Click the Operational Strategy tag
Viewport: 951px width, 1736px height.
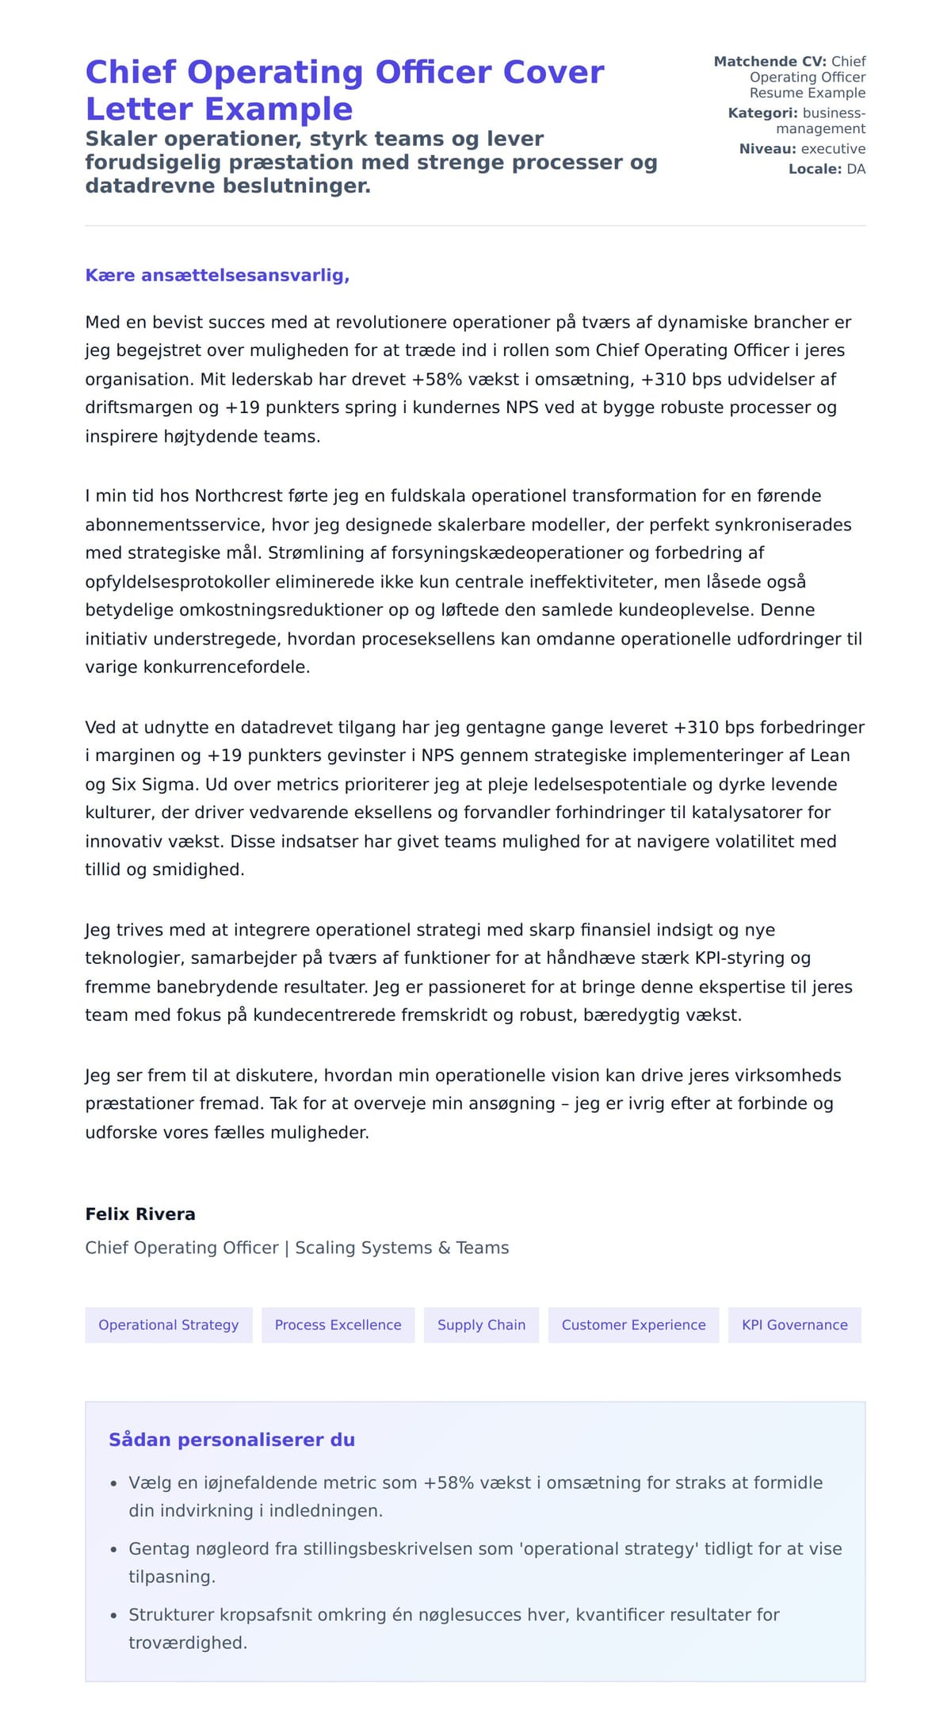coord(168,1325)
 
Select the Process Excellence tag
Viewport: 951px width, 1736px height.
coord(338,1325)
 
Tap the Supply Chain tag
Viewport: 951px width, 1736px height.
coord(481,1325)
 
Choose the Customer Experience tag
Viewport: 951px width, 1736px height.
coord(633,1325)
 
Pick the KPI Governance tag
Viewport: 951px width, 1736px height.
coord(794,1325)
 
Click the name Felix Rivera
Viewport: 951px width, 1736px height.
coord(140,1214)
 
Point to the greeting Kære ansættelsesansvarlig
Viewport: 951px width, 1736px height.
coord(217,275)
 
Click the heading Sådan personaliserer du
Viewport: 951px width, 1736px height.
coord(231,1440)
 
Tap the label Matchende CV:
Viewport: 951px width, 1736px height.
coord(770,61)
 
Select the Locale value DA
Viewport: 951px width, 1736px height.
coord(856,169)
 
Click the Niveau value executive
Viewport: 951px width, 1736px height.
coord(833,149)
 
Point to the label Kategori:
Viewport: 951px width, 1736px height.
coord(762,113)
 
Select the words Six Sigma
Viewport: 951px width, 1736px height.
coord(155,784)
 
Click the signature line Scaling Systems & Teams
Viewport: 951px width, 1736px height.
coord(402,1247)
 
